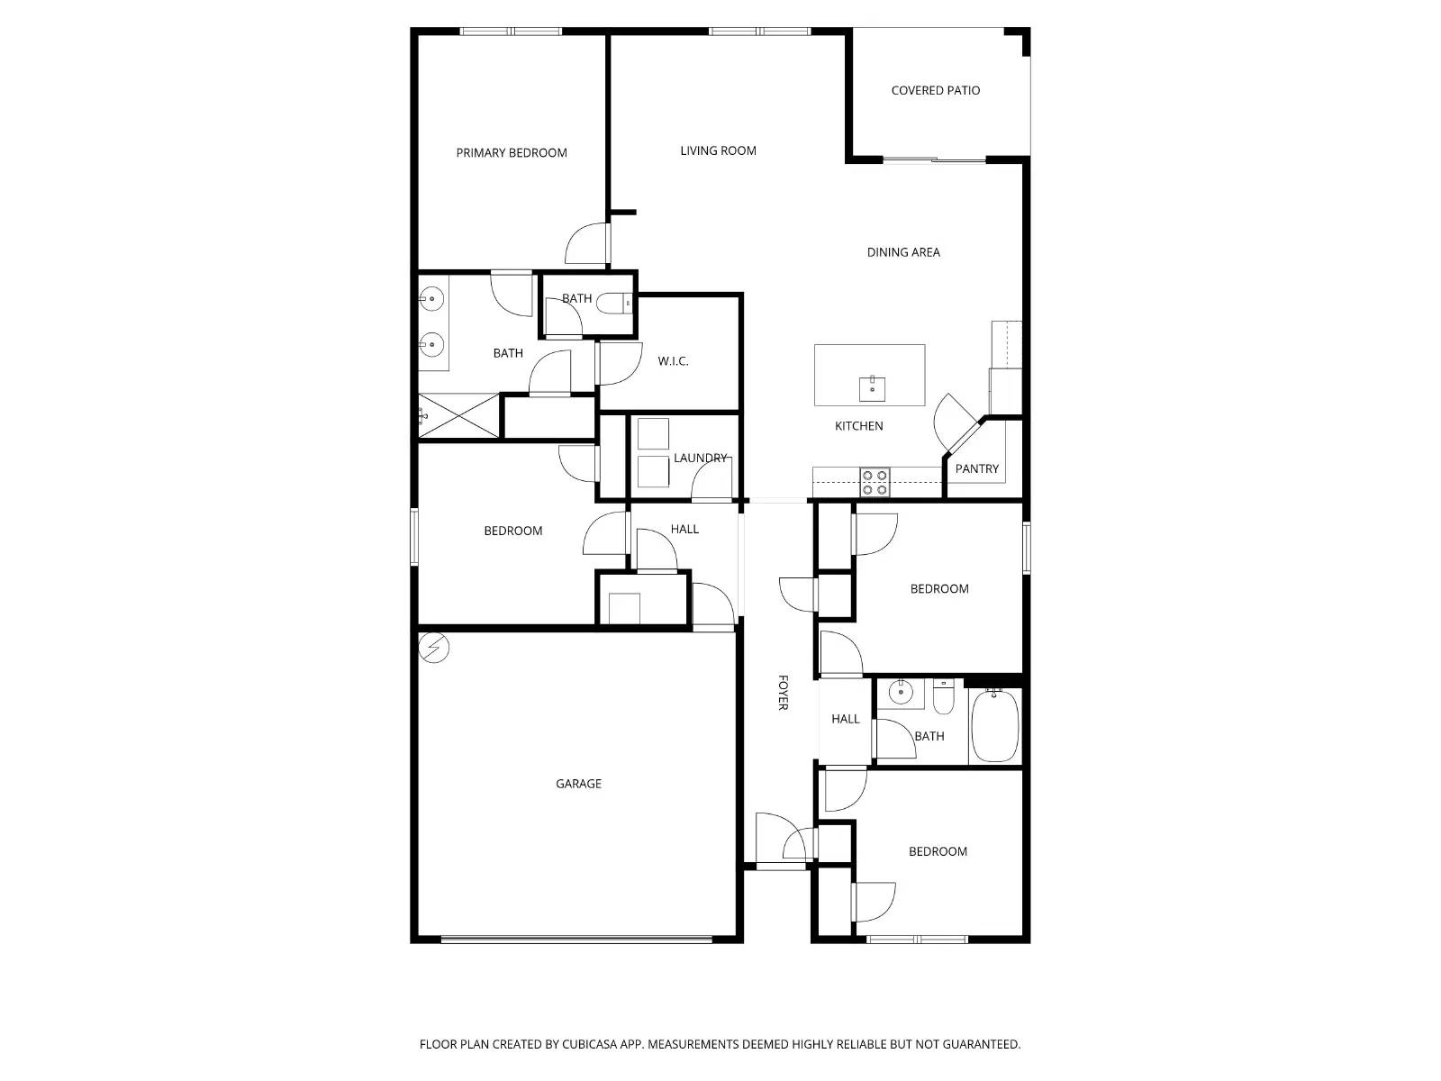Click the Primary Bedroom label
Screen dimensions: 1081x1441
click(512, 153)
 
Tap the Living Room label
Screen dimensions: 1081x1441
click(718, 151)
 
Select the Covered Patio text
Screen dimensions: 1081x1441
click(935, 91)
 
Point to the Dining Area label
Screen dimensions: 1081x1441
click(903, 253)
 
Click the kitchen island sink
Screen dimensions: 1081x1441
click(872, 389)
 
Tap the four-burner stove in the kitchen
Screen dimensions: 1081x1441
click(875, 482)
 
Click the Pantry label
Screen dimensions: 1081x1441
click(977, 469)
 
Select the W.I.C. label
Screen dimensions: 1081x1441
click(673, 362)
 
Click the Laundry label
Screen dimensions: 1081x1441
click(700, 459)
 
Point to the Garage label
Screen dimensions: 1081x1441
click(578, 785)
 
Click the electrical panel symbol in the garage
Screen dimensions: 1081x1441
click(435, 648)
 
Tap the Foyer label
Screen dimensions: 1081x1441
click(783, 692)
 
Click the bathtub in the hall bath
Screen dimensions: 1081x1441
click(995, 726)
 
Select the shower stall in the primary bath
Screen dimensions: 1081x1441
click(458, 415)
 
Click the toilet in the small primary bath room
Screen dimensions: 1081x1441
click(616, 304)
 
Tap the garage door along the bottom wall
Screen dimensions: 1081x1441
click(576, 940)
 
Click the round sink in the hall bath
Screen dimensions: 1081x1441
click(899, 692)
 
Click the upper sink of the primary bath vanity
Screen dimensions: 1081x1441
click(433, 296)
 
